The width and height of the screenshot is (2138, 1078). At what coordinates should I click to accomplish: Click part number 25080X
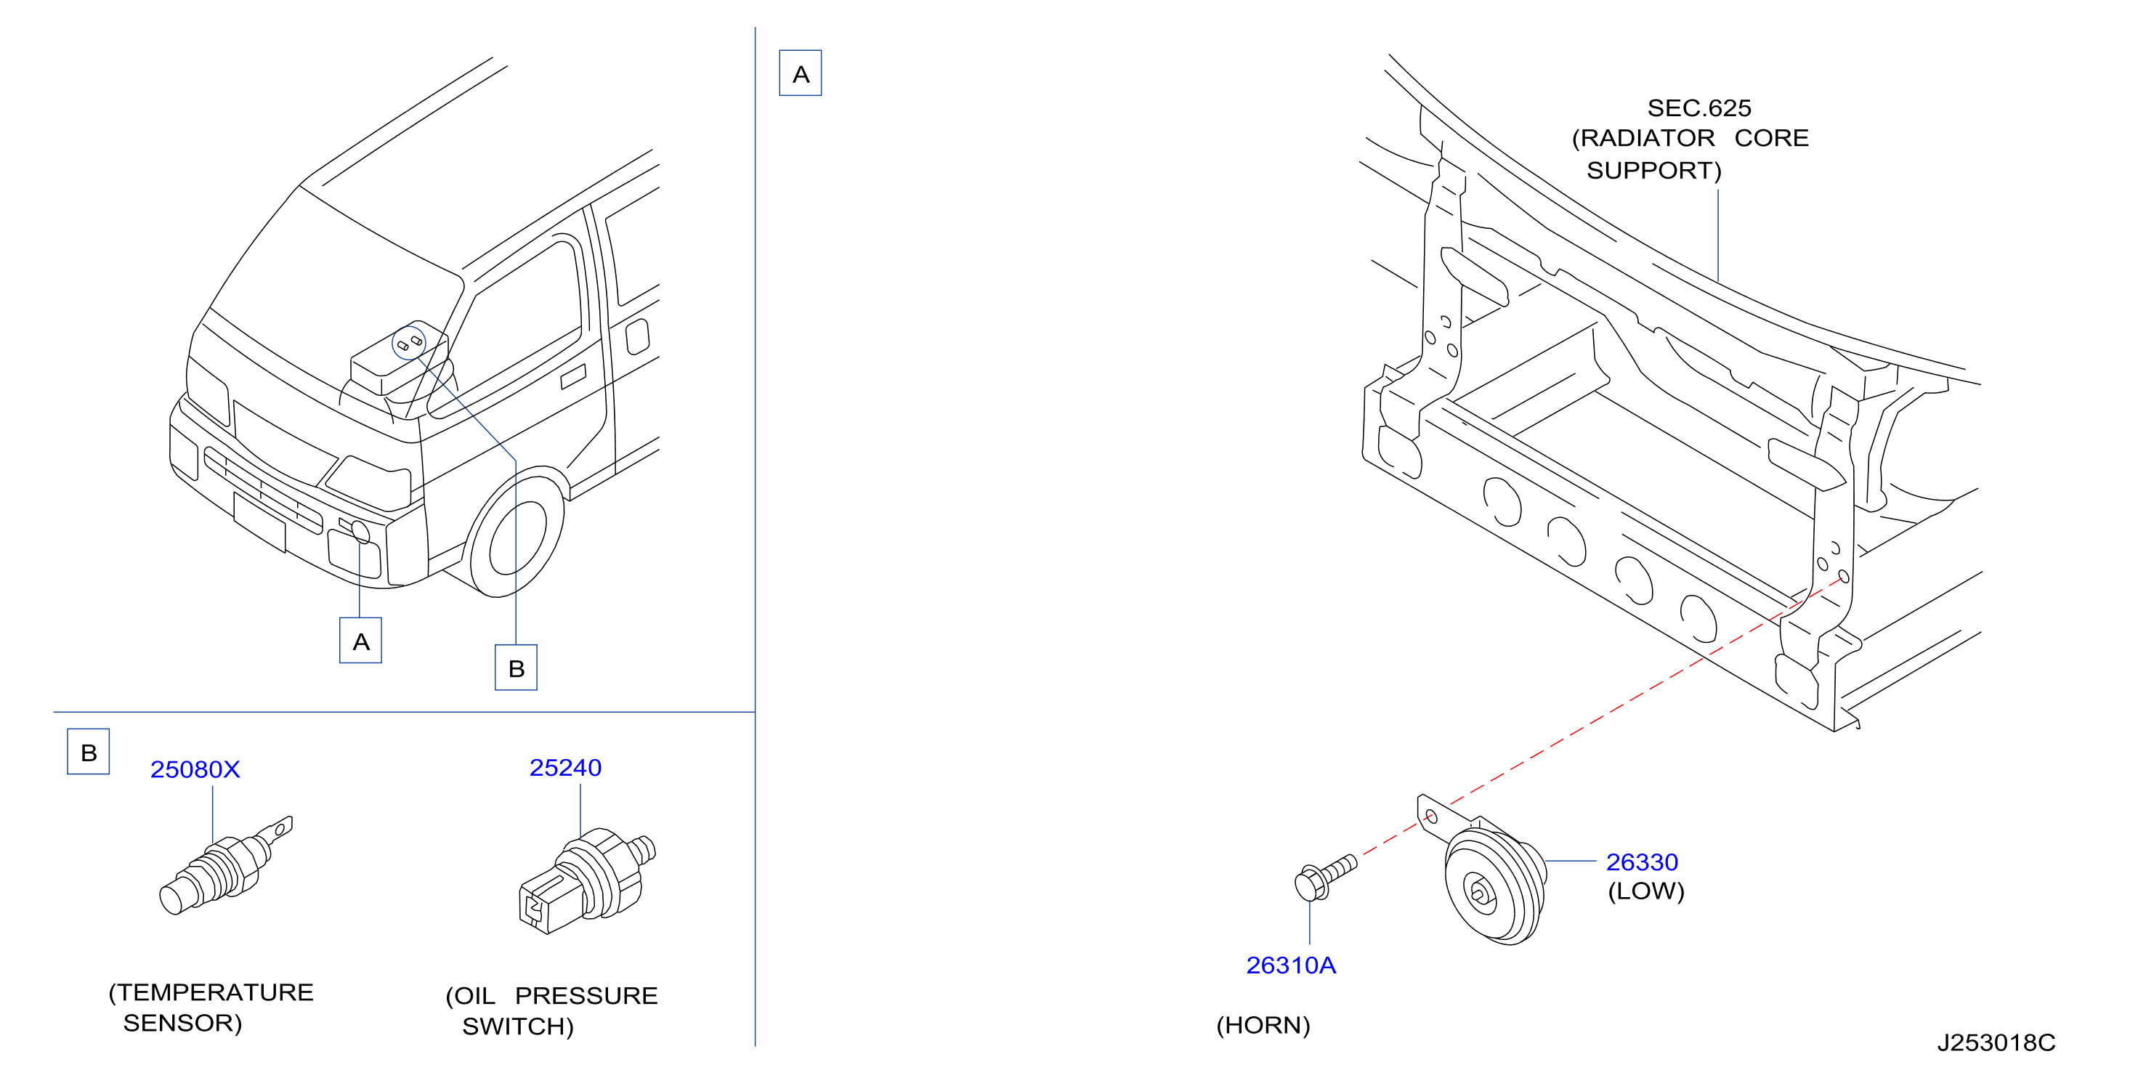click(195, 769)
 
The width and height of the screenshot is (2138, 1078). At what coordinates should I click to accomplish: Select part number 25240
click(565, 768)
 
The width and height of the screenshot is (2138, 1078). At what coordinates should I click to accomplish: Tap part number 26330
click(1642, 862)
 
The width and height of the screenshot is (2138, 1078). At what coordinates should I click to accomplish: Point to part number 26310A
click(1291, 965)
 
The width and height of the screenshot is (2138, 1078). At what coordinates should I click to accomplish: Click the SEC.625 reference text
click(1699, 108)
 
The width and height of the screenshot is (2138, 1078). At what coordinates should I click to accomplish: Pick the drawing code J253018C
click(1996, 1042)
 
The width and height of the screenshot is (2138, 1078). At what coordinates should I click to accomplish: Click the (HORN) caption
click(1263, 1026)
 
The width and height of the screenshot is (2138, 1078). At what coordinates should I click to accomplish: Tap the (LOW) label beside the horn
click(1646, 891)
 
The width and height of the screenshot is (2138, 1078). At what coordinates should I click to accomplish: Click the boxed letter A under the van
click(361, 641)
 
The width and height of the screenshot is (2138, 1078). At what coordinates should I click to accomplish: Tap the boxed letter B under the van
click(517, 668)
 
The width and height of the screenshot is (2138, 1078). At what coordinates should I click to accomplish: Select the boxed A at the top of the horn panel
click(800, 73)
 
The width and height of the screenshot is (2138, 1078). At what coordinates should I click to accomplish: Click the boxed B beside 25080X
click(89, 752)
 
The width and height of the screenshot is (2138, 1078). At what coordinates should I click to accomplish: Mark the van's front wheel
click(517, 536)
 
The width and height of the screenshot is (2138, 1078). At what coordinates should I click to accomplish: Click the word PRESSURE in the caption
click(586, 995)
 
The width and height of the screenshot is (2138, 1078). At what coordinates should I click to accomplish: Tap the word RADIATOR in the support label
click(1648, 138)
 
